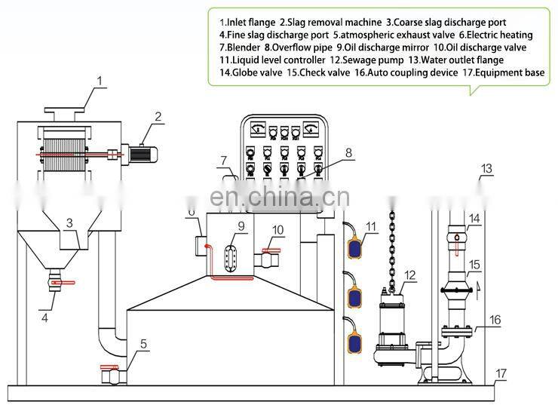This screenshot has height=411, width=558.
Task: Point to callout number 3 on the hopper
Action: [69, 223]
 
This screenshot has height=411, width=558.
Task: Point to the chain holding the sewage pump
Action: [391, 249]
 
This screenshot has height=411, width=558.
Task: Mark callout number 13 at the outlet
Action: [486, 167]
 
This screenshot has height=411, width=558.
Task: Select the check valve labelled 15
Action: [457, 287]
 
